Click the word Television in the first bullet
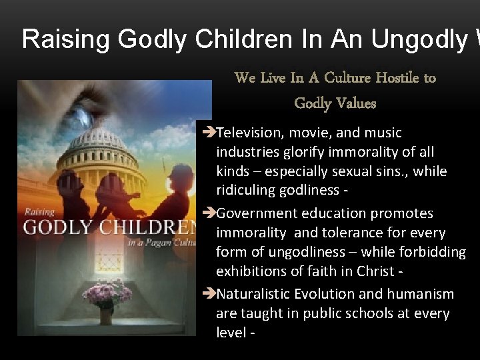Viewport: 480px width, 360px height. [251, 133]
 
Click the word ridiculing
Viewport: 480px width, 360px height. [246, 190]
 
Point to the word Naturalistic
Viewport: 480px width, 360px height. [259, 294]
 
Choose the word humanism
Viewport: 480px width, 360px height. [421, 294]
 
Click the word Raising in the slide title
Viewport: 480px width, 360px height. [66, 39]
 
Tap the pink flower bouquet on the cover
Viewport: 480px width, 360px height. [106, 294]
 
